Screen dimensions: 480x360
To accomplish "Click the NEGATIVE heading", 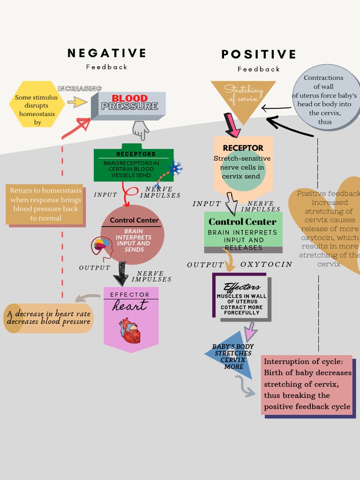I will (107, 53).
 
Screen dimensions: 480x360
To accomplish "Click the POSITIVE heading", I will (259, 54).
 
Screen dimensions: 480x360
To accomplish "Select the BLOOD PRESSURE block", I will (128, 105).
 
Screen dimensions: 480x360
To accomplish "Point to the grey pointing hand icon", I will (140, 130).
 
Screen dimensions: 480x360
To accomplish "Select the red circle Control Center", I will (133, 234).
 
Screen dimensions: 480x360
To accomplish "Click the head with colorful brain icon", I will (101, 246).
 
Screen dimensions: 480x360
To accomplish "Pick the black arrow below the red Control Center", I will (121, 273).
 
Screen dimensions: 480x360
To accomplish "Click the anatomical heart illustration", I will (129, 331).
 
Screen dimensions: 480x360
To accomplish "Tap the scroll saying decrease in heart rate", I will (48, 318).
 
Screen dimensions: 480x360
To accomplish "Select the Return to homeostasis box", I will (45, 204).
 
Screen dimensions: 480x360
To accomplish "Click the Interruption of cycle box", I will (307, 384).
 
